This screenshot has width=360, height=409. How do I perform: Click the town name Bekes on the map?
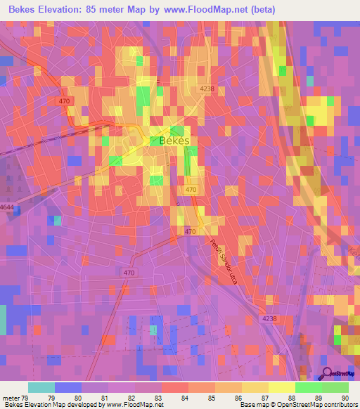(x=175, y=140)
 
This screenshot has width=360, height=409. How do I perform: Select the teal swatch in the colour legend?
(x=41, y=387)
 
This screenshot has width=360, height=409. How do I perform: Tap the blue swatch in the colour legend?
(x=68, y=387)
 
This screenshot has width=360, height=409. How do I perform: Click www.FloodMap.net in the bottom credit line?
(x=132, y=405)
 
